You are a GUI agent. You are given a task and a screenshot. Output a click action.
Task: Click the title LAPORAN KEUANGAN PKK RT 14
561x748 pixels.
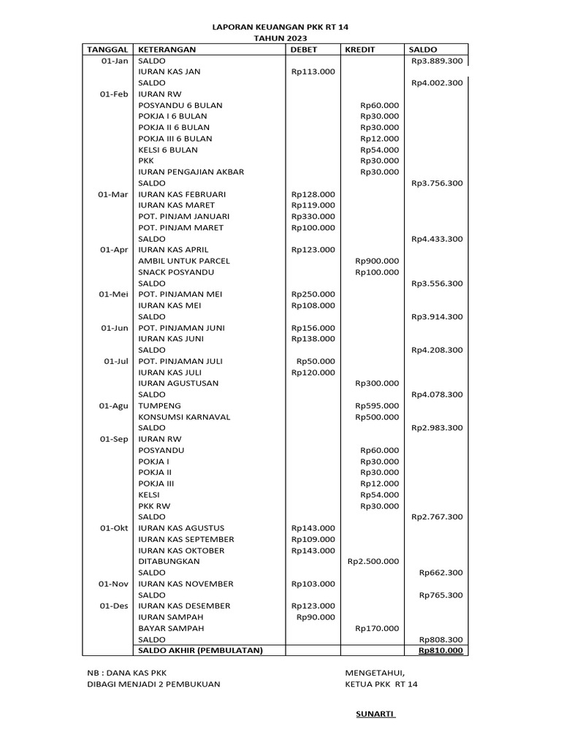coord(280,26)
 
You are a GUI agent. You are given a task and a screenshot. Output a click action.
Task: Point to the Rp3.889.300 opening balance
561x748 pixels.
coord(437,61)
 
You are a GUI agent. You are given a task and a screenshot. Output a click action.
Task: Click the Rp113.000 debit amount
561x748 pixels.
coord(313,72)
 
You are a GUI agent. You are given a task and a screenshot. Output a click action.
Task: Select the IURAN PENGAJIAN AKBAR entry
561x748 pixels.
coord(191,172)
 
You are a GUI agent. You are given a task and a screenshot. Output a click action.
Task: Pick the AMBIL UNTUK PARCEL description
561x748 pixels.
coord(184,261)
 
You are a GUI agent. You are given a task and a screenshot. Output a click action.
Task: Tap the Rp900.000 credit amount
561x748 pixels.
coord(377,261)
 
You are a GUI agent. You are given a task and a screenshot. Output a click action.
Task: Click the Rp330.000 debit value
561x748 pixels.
coord(313,216)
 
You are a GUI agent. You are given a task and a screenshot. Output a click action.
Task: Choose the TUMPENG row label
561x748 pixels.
coord(160,405)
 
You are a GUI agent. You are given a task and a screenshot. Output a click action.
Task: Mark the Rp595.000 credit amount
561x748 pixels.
coord(377,405)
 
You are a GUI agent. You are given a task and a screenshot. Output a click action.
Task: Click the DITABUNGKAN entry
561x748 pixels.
coord(169,561)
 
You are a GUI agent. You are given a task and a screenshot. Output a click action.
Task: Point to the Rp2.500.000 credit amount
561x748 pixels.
coord(373,561)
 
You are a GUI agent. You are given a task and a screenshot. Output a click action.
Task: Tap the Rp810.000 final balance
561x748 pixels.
coord(440,650)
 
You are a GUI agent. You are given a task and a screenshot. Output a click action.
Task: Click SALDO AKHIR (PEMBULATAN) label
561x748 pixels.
coord(199,650)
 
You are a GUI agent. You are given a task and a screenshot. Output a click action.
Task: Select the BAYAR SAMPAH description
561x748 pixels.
coord(172,628)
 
